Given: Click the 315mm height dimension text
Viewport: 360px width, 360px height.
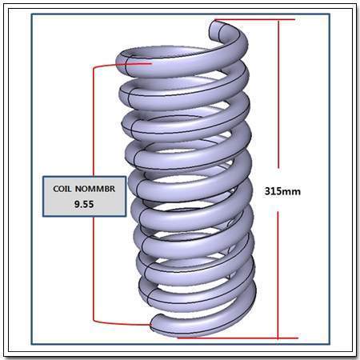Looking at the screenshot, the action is point(282,191).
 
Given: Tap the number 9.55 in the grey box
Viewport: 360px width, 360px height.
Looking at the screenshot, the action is point(84,204).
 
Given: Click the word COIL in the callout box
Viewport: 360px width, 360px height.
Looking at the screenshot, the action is point(62,189).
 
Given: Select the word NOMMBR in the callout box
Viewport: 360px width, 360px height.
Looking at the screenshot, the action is point(95,189).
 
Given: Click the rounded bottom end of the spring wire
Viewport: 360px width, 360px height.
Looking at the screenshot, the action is point(154,323).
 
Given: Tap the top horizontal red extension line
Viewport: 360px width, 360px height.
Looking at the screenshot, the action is point(255,20).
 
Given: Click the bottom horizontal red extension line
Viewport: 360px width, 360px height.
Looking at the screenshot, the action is point(238,338).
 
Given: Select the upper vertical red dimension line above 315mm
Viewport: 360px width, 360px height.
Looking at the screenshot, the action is point(278,94).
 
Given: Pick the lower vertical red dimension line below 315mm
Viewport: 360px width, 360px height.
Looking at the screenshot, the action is point(278,275).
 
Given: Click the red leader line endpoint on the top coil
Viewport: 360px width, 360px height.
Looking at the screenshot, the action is point(152,63).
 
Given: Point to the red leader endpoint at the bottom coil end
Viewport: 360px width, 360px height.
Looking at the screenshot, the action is point(151,325).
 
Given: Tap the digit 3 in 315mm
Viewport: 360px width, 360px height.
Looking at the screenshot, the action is point(267,191).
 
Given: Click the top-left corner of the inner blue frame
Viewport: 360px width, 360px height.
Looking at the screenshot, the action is point(32,14).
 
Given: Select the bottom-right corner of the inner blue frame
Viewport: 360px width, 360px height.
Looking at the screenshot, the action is point(330,344).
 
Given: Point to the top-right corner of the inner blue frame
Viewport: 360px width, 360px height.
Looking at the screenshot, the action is point(330,14).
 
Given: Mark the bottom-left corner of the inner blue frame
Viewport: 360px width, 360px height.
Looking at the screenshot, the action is point(32,344).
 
